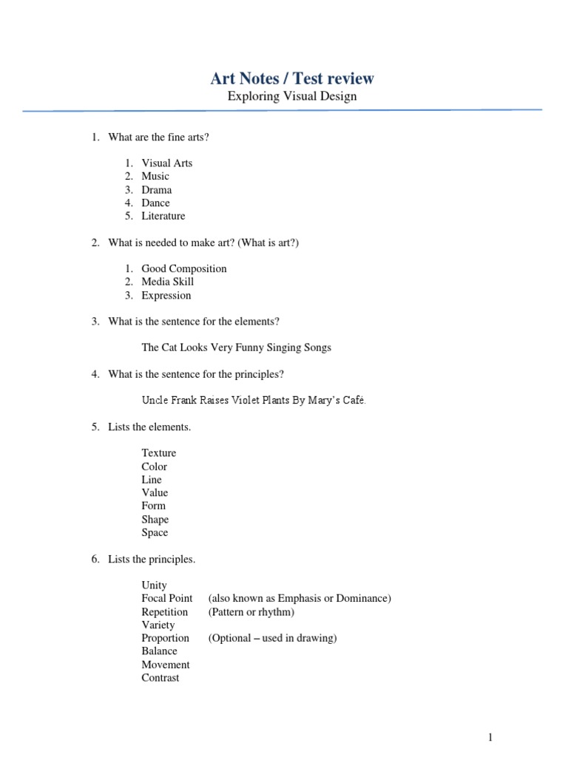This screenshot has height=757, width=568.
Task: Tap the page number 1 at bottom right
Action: click(490, 737)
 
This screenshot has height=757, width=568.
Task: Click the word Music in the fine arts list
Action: click(155, 176)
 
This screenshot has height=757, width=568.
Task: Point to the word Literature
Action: click(163, 216)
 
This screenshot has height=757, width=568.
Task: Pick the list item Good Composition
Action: click(184, 268)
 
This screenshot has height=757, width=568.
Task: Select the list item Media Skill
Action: click(168, 282)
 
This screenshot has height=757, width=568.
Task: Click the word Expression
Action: click(166, 295)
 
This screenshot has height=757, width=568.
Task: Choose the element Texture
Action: click(159, 452)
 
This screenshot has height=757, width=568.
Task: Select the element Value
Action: click(155, 492)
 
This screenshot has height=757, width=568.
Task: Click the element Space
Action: click(155, 532)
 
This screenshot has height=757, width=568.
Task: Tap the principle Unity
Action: click(155, 585)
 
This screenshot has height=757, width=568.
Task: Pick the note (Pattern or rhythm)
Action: click(251, 611)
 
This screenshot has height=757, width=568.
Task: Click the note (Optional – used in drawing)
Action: click(273, 638)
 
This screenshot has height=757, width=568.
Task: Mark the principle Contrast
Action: click(160, 677)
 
